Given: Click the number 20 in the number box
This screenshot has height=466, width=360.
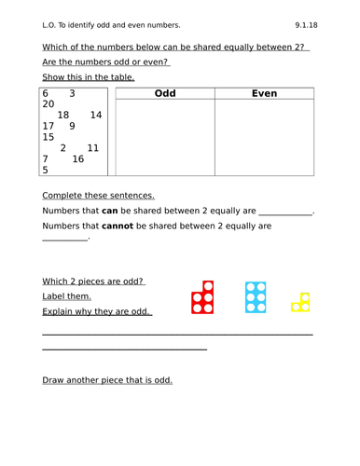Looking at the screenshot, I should (x=48, y=104).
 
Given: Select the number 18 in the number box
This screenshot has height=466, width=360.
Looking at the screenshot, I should (x=63, y=116).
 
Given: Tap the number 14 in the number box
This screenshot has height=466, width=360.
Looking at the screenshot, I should (x=96, y=116).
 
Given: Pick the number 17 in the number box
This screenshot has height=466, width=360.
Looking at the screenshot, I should (x=48, y=126).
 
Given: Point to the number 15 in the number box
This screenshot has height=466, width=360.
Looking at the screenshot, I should (x=48, y=137).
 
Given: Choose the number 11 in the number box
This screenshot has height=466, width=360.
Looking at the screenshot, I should (x=92, y=148).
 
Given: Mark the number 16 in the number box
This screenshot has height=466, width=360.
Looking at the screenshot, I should (x=77, y=159).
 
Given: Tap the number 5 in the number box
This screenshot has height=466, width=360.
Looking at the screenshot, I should (x=45, y=171).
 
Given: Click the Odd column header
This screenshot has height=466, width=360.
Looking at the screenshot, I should (x=164, y=93).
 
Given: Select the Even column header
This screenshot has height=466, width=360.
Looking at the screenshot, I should (x=265, y=93).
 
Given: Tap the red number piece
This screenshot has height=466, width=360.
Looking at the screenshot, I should (x=203, y=297).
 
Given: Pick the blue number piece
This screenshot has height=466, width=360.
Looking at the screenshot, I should (x=256, y=297).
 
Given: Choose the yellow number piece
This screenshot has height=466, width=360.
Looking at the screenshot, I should (x=299, y=302).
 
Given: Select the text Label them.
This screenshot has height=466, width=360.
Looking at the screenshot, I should (x=67, y=296).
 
